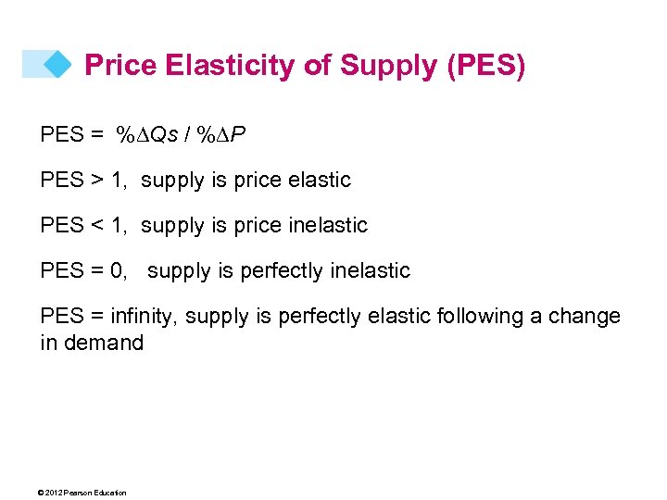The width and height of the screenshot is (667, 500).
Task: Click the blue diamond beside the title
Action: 57,64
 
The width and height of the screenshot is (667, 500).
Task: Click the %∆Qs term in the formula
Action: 146,135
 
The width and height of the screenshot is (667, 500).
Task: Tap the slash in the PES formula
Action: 188,135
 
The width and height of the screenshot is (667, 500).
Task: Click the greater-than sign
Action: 95,181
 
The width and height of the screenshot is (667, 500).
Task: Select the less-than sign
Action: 95,226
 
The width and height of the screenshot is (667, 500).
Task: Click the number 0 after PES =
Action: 116,271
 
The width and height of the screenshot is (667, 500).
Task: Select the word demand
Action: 105,344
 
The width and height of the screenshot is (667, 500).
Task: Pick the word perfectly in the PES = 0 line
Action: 278,271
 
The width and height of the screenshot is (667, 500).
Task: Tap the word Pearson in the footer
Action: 76,493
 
